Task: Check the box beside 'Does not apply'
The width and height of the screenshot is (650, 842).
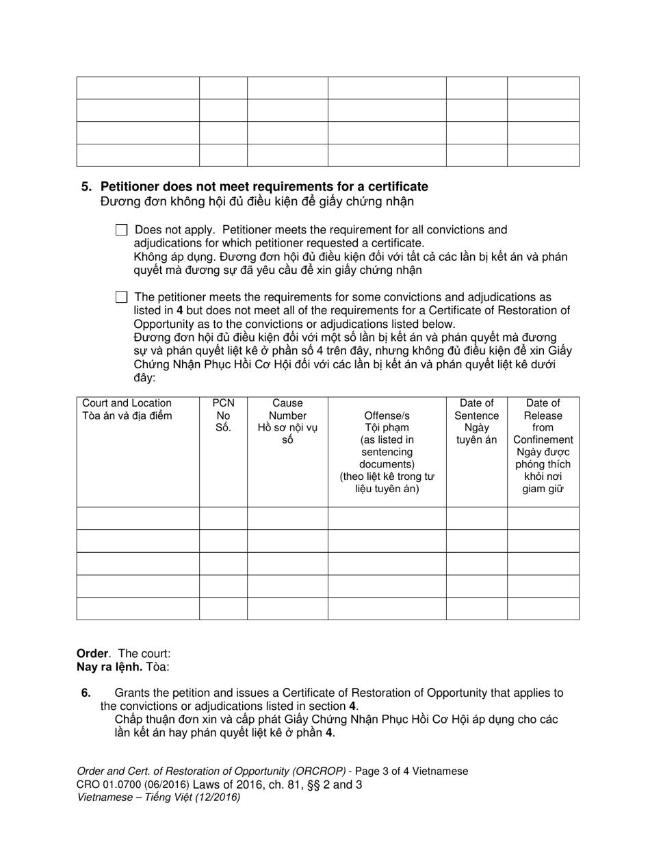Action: pos(122,231)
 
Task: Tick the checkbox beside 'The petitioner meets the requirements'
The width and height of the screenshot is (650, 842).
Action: pos(122,297)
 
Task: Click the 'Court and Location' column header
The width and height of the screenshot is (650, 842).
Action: pos(127,403)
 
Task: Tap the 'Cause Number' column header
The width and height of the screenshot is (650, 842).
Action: pos(287,409)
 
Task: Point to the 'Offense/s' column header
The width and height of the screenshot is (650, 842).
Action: pos(387,416)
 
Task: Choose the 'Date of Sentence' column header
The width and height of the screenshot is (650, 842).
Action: pos(476,409)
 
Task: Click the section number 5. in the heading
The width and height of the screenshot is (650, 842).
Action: pos(86,187)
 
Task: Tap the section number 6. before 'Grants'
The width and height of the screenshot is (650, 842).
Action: pos(86,693)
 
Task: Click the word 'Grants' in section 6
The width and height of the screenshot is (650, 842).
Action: pos(133,693)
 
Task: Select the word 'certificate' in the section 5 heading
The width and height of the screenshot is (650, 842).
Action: pos(398,187)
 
